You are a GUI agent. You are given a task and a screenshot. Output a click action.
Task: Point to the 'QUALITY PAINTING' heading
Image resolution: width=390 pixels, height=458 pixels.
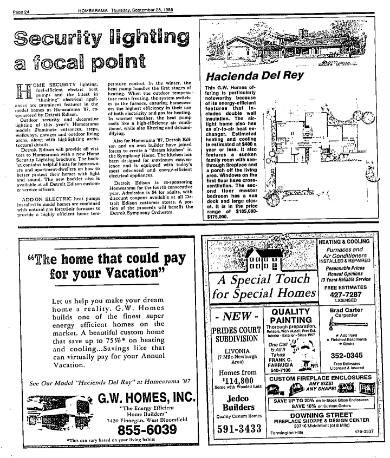pyautogui.click(x=290, y=316)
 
